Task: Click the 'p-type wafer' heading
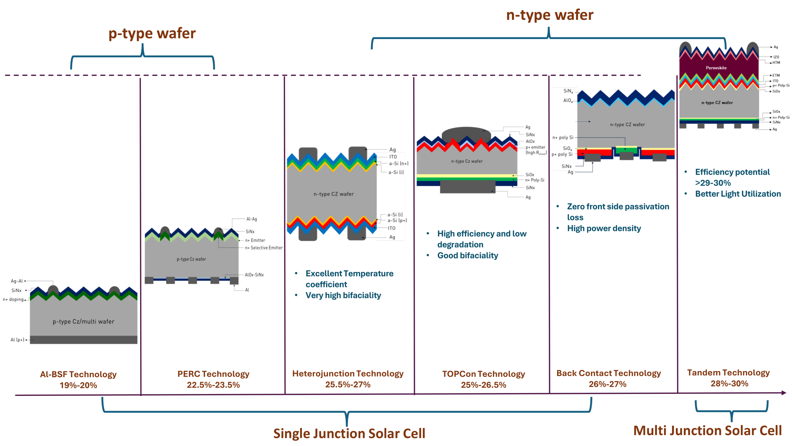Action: point(152,33)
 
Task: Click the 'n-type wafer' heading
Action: point(549,15)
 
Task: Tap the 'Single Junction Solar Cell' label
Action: point(349,433)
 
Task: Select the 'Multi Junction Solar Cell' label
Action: point(707,431)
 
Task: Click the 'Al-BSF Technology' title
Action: point(78,374)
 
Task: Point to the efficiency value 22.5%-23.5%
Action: point(213,385)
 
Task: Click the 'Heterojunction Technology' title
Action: point(348,374)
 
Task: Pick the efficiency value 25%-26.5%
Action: point(483,385)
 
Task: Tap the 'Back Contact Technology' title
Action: point(608,373)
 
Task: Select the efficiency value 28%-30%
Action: point(729,383)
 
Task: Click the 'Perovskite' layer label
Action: point(716,68)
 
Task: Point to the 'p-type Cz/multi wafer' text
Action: point(83,321)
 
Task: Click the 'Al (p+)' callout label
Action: point(17,340)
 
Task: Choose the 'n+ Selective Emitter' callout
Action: point(264,248)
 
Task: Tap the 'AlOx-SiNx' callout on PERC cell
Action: point(254,275)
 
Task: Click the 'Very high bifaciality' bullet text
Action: point(343,295)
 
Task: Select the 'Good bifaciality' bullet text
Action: point(467,255)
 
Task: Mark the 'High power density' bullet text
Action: point(604,228)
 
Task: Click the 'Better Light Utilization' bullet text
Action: point(738,194)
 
